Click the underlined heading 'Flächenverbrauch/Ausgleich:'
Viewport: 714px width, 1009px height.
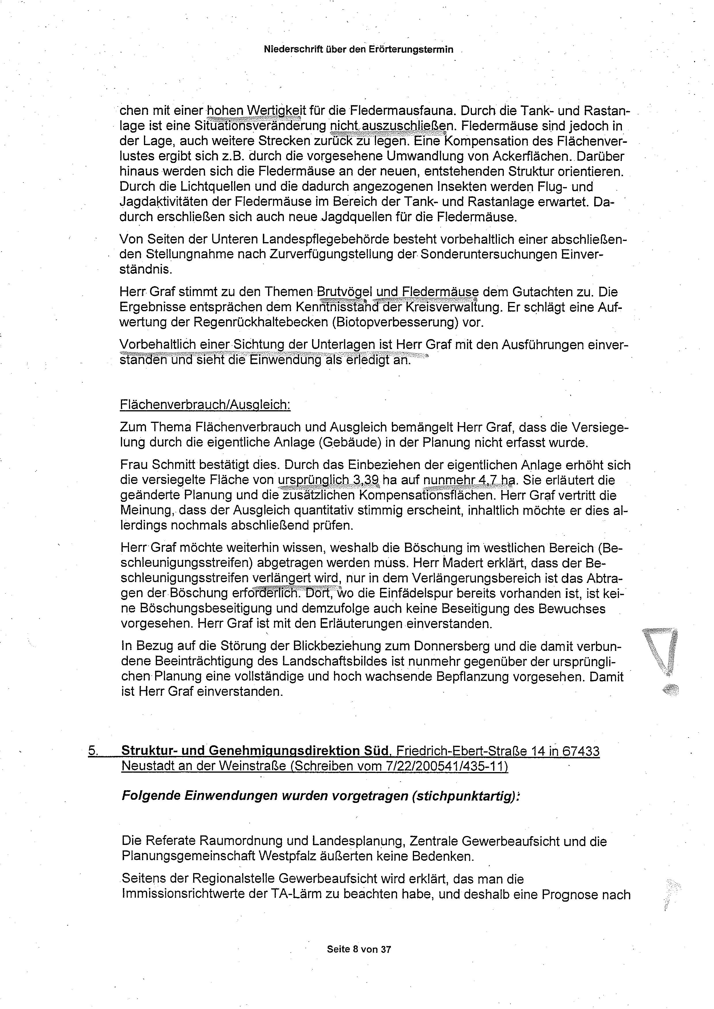205,404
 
